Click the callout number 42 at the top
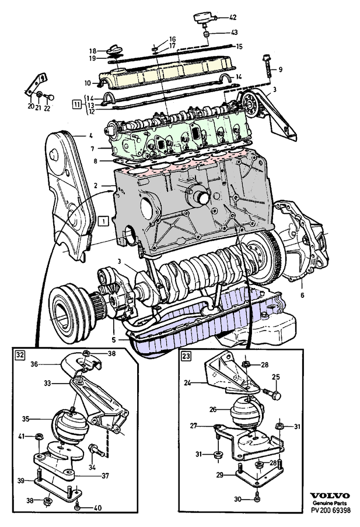pos(233,17)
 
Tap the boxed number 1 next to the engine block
pos(103,221)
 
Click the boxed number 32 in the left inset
pos(20,354)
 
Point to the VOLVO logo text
pos(330,494)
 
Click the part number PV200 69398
pos(330,510)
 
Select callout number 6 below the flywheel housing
pos(302,296)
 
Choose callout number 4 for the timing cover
pos(91,136)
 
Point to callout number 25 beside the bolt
pos(276,377)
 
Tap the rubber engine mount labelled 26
pos(246,410)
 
